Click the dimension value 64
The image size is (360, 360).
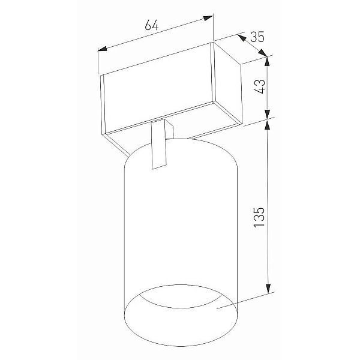[x=152, y=25]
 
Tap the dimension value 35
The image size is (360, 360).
[x=257, y=37]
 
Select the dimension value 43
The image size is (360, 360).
[x=260, y=86]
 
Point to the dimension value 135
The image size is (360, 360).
[x=259, y=217]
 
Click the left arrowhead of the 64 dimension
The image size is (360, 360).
[x=103, y=49]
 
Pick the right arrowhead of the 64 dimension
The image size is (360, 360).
[x=208, y=18]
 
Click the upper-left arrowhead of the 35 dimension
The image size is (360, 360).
[x=242, y=38]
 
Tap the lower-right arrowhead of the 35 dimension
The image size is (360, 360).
[x=263, y=53]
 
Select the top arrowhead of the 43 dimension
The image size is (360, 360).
[x=267, y=61]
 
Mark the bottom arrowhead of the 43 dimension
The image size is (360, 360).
[x=267, y=115]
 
